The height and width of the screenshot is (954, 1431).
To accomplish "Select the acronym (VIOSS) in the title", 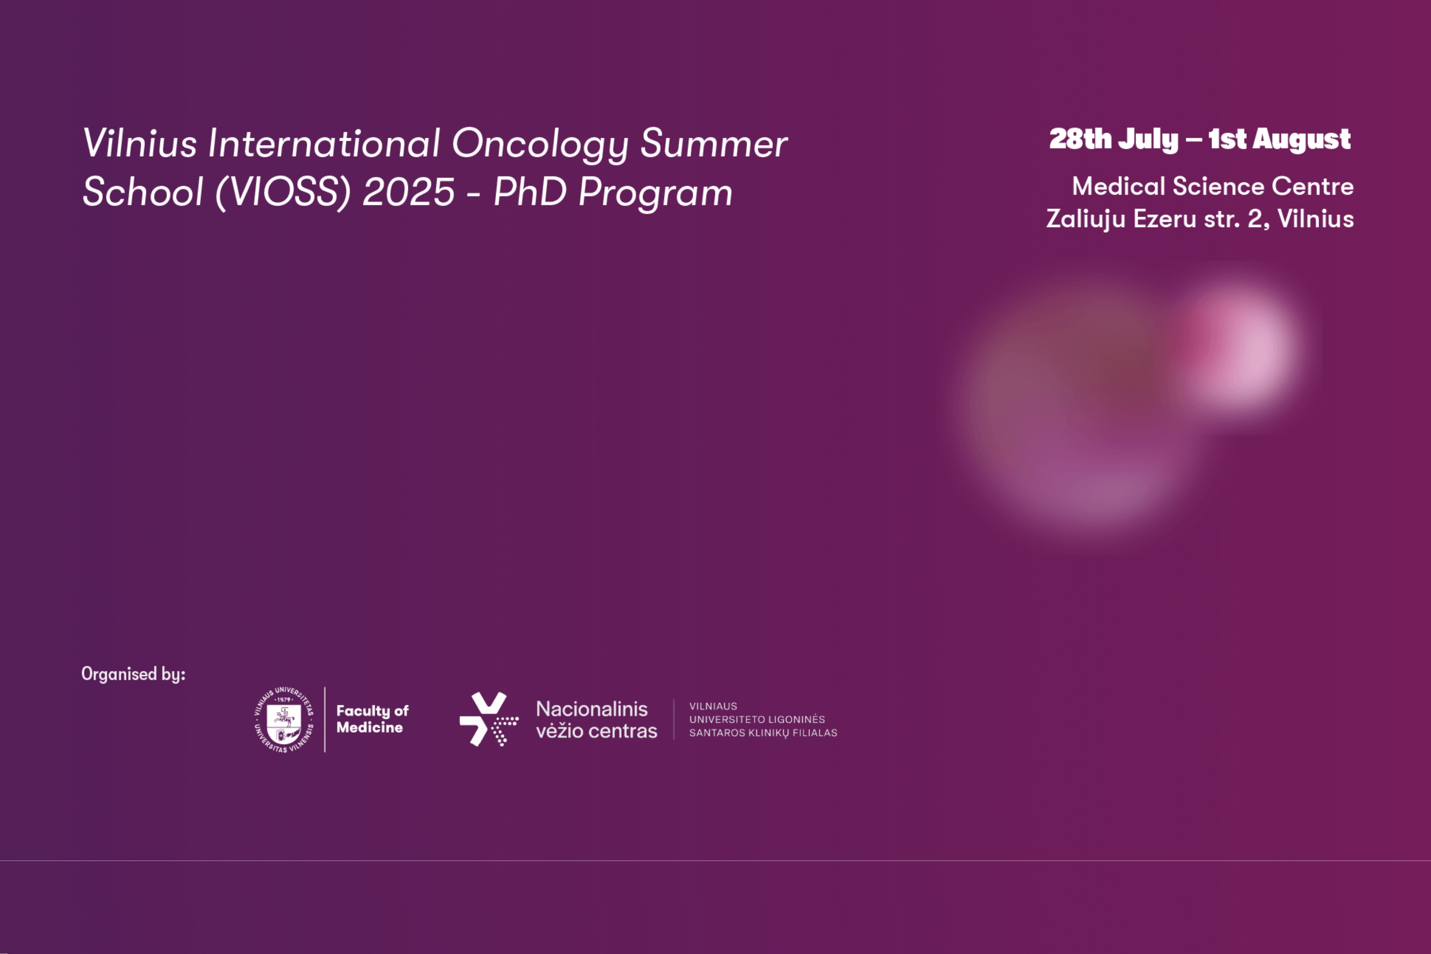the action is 283,192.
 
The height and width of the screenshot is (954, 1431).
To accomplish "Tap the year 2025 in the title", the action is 408,192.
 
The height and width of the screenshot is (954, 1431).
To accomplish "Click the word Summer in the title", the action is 714,144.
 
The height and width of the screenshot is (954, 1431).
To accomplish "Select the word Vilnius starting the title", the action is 140,144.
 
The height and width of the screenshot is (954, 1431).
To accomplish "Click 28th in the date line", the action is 1080,139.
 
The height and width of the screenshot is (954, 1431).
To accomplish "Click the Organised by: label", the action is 133,674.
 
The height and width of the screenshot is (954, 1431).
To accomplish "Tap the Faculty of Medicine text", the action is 373,719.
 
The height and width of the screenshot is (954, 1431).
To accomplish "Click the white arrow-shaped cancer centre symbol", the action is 488,719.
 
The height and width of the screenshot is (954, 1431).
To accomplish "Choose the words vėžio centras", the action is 596,731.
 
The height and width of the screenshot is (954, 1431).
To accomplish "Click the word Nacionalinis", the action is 591,709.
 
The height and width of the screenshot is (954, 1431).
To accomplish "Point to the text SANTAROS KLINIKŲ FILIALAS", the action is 763,733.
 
